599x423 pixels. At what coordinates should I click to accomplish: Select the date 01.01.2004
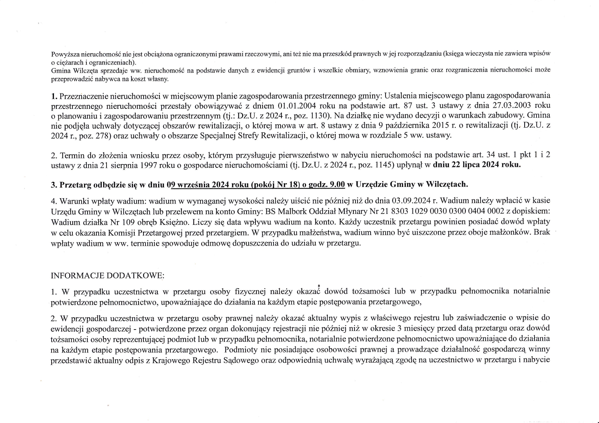298,105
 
